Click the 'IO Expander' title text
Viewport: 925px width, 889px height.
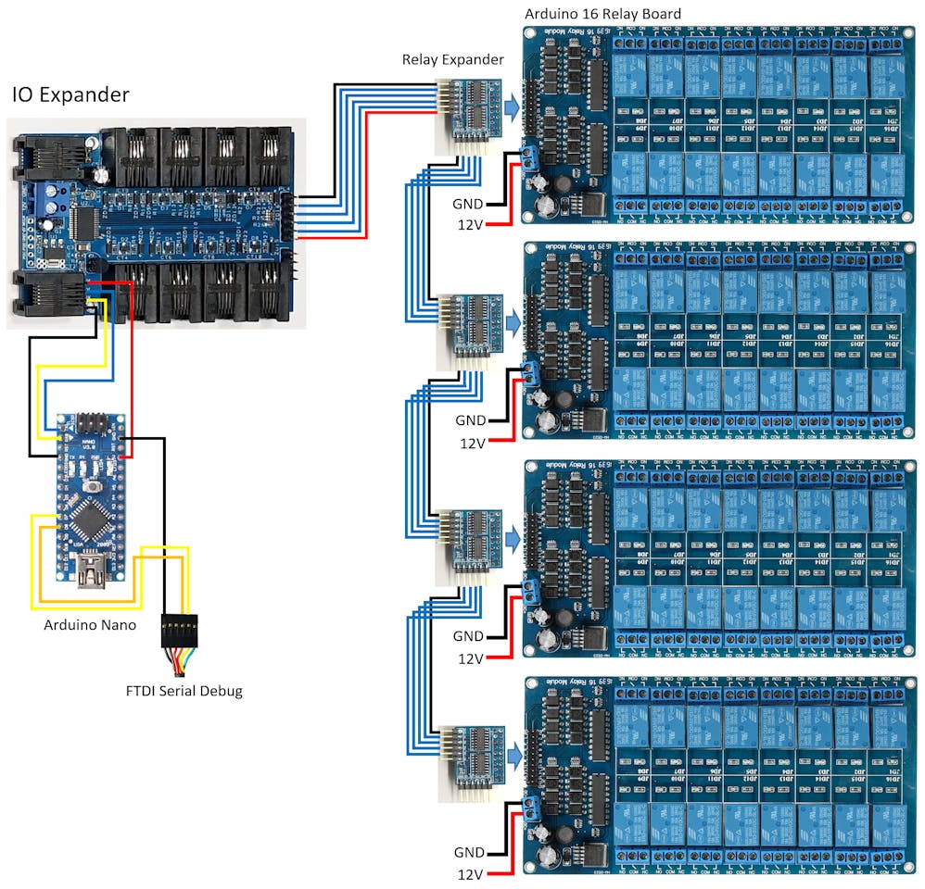(70, 94)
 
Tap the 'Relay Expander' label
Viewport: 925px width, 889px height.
(452, 60)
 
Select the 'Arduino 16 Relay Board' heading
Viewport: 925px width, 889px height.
(602, 14)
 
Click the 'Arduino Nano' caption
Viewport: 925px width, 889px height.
(90, 625)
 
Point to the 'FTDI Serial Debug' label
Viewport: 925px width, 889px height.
(184, 691)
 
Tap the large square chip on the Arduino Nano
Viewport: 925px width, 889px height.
(89, 522)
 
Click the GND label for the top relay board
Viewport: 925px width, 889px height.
(467, 203)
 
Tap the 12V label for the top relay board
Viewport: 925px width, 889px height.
(469, 225)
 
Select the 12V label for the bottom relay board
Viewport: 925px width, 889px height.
(471, 874)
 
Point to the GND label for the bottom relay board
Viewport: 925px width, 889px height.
(469, 852)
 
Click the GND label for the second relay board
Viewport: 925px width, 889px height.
(470, 420)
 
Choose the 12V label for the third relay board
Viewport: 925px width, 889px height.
(471, 658)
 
